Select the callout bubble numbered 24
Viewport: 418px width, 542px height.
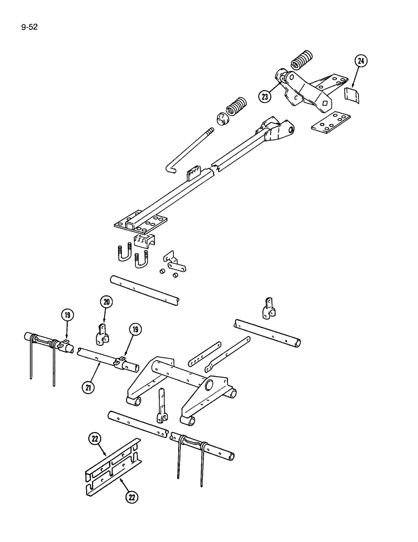pos(361,61)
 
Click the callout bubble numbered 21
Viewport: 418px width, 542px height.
pos(87,386)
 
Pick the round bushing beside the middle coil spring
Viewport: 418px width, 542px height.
pos(222,120)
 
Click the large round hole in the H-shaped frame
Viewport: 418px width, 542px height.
pos(209,385)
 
